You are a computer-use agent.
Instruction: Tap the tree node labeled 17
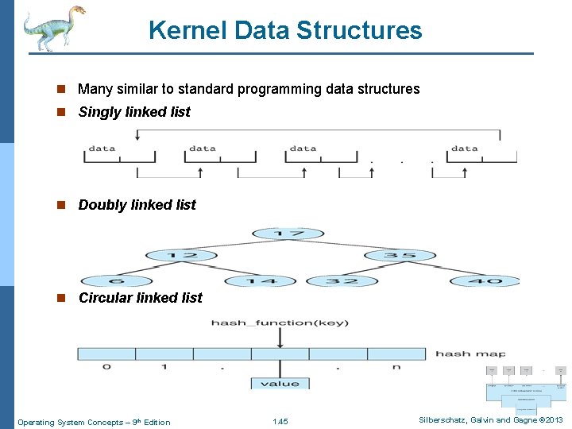[x=287, y=234]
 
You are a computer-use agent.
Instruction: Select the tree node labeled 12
[x=182, y=256]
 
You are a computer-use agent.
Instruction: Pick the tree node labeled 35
[x=400, y=256]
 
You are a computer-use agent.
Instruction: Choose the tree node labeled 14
[x=261, y=280]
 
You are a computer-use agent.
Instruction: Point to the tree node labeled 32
[x=342, y=280]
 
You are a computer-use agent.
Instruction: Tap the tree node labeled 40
[x=486, y=280]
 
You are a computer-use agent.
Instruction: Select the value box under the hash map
[x=280, y=384]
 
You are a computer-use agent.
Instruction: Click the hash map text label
[x=470, y=354]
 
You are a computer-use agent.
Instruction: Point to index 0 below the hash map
[x=106, y=367]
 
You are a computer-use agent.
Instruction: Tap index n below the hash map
[x=396, y=367]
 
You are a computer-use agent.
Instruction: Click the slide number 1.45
[x=280, y=422]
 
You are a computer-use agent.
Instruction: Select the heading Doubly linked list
[x=137, y=205]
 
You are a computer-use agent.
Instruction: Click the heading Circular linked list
[x=140, y=298]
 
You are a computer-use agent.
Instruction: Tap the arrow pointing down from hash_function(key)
[x=280, y=338]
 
